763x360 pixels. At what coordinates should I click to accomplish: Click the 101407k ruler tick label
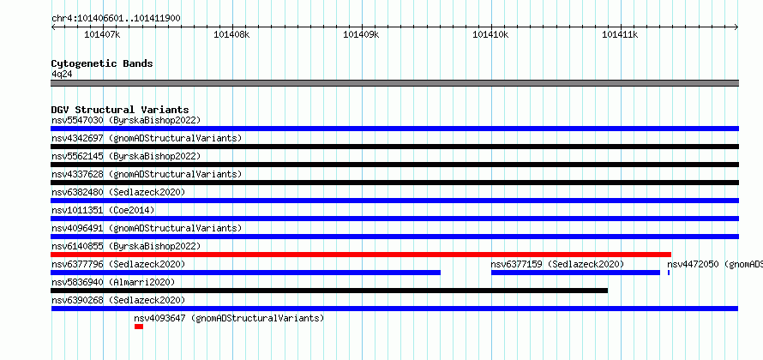coord(102,34)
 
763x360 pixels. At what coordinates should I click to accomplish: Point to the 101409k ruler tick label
coord(361,34)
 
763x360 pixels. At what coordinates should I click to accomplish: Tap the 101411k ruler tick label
coord(620,34)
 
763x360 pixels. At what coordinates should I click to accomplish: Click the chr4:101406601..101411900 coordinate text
coord(116,19)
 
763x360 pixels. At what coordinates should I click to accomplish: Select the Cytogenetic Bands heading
coord(102,63)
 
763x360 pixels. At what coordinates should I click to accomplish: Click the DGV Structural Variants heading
coord(120,110)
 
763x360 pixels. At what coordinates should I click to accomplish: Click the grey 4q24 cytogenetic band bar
coord(394,83)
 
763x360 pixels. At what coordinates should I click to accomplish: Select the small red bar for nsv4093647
coord(139,327)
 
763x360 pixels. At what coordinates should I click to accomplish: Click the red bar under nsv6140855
coord(361,255)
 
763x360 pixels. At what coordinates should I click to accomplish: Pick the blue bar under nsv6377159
coord(575,273)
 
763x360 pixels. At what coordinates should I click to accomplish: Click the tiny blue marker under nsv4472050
coord(669,273)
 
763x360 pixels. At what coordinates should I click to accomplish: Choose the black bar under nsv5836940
coord(329,291)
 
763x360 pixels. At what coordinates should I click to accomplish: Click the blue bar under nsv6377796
coord(246,273)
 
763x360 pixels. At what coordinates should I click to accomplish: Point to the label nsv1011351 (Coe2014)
coord(103,210)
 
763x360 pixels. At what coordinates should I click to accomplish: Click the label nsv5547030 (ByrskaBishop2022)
coord(126,120)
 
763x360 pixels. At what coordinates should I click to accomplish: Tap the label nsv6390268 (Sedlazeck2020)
coord(118,300)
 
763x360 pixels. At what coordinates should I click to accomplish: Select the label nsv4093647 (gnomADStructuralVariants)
coord(229,318)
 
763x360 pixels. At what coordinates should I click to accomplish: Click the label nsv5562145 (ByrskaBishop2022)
coord(126,156)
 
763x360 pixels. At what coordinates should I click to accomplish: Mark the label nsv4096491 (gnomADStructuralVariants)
coord(147,228)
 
